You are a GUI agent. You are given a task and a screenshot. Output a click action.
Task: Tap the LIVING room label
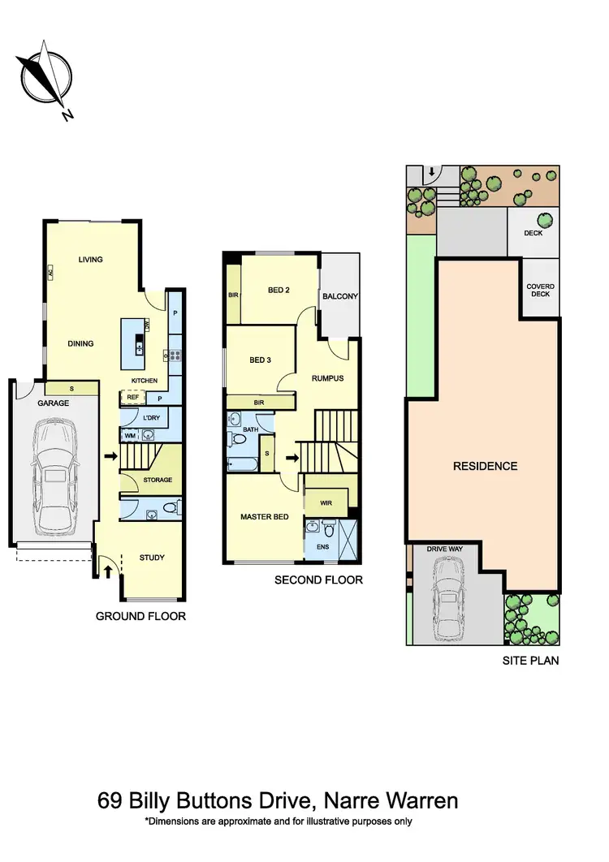point(90,260)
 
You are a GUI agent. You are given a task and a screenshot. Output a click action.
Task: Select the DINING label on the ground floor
point(80,343)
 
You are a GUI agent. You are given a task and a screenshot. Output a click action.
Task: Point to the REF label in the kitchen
point(132,398)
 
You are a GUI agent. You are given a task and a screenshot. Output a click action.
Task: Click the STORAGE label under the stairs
point(158,481)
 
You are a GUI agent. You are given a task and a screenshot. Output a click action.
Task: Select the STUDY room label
point(152,558)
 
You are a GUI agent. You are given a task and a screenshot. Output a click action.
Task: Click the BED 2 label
point(277,290)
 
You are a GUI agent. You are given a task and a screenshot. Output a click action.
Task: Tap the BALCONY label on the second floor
point(339,296)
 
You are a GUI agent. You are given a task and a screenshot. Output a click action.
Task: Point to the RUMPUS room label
point(328,378)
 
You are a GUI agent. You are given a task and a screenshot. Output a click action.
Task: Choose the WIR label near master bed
point(326,503)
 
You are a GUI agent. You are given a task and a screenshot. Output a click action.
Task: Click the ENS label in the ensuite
point(322,547)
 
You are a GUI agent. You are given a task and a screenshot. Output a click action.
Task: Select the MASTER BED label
point(264,517)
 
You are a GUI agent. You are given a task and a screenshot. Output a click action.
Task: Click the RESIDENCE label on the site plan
point(485,466)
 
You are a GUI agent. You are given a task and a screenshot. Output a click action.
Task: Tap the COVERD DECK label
point(539,290)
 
